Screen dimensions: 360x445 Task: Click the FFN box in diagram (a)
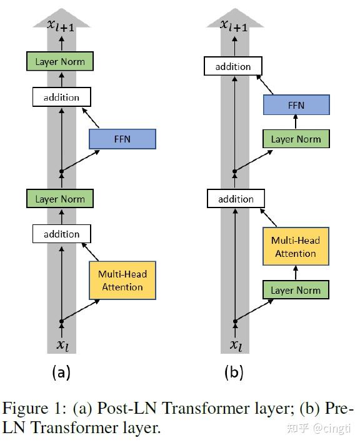click(122, 139)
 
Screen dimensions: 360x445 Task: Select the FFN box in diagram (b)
click(296, 105)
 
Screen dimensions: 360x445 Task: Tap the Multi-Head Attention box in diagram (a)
click(122, 281)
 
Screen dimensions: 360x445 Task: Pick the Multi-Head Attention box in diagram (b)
click(296, 246)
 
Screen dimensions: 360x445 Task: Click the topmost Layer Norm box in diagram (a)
click(60, 61)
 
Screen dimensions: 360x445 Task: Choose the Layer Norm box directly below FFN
click(296, 139)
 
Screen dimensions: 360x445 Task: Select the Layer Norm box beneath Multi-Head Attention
click(296, 290)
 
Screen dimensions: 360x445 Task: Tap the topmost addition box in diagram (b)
click(233, 66)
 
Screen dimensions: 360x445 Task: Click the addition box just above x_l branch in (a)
click(62, 234)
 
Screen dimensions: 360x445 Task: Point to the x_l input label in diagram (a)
click(62, 345)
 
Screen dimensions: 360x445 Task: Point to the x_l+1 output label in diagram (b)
click(234, 25)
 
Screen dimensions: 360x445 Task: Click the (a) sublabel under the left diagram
click(61, 372)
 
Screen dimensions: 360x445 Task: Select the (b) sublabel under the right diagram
click(234, 372)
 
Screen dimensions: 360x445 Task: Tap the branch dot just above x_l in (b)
click(235, 321)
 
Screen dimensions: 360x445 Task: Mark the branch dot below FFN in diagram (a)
click(61, 171)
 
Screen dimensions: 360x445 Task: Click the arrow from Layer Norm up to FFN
click(296, 122)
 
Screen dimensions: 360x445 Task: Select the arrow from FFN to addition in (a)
click(90, 117)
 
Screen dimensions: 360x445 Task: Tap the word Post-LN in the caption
click(127, 408)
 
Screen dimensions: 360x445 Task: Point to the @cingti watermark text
click(332, 428)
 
